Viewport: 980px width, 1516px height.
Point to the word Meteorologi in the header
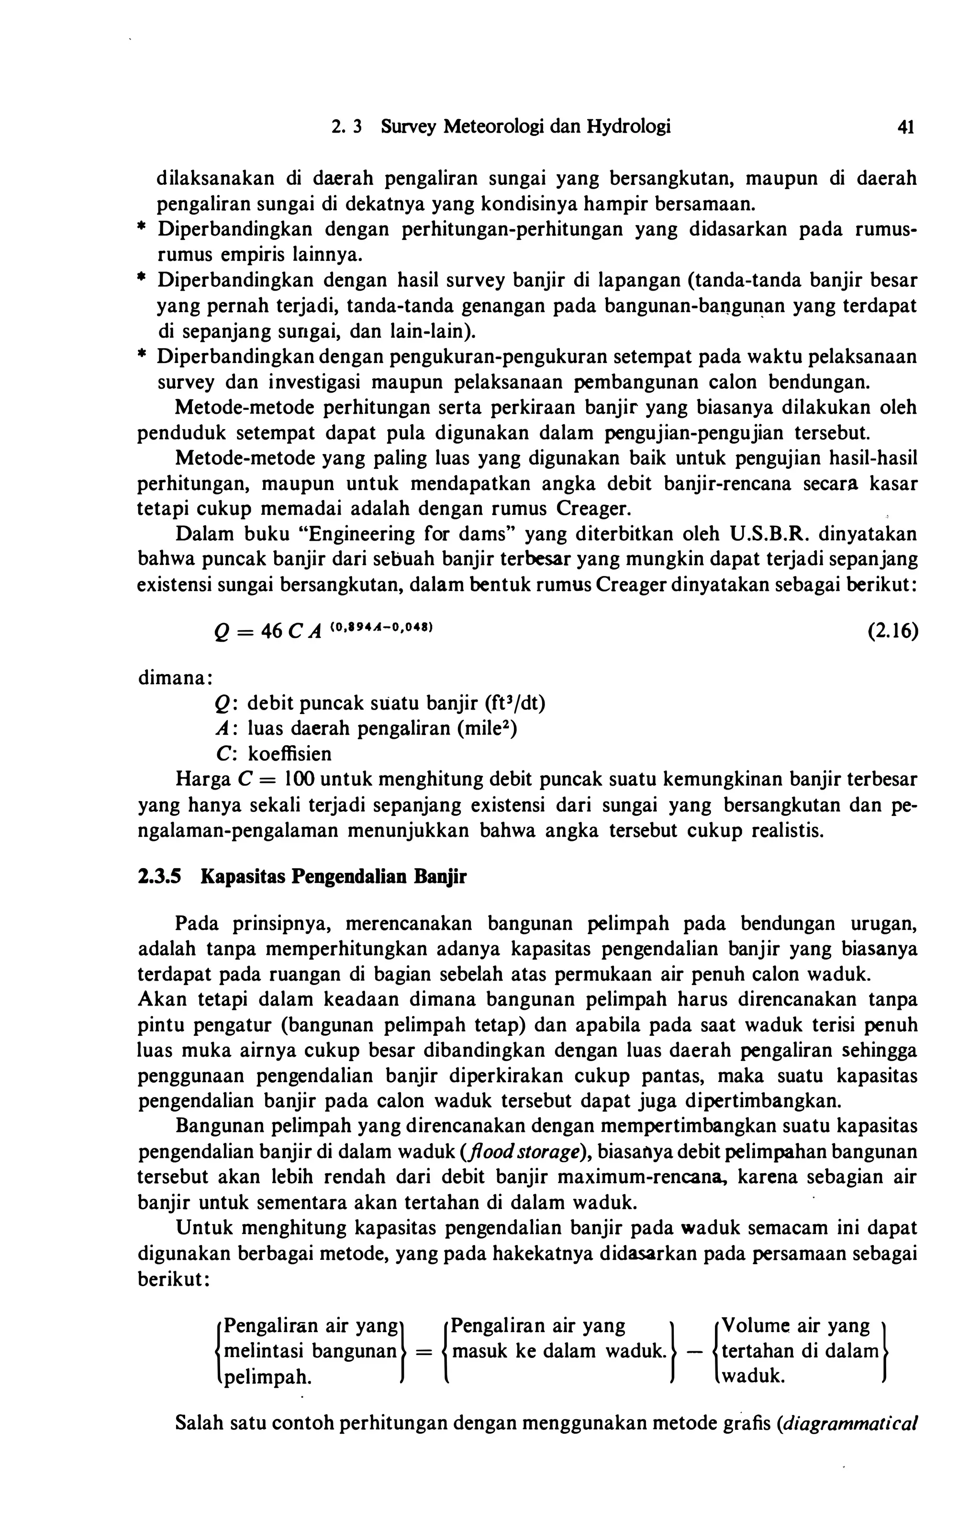coord(494,127)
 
